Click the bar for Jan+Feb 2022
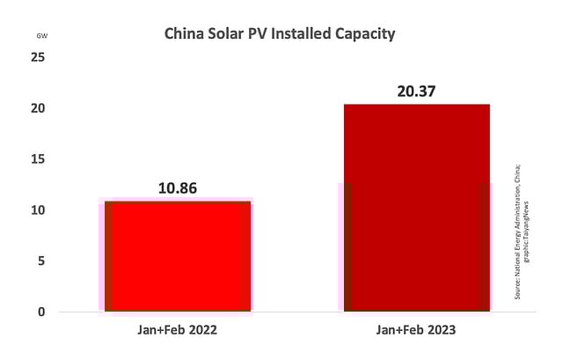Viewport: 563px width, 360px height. (x=177, y=256)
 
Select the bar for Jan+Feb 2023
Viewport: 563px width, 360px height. (x=416, y=208)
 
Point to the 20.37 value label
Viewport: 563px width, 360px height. (x=417, y=91)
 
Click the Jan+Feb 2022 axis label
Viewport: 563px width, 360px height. (x=177, y=331)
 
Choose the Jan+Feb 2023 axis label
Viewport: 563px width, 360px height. (x=416, y=331)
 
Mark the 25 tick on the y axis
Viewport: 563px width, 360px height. (x=39, y=57)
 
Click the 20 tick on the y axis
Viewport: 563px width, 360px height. (x=39, y=108)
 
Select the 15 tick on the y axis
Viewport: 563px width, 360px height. (x=39, y=159)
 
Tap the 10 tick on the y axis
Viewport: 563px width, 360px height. (x=39, y=210)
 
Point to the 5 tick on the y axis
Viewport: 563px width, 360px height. (x=41, y=261)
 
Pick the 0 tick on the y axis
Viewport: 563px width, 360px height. (x=41, y=312)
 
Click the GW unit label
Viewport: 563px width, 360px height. (x=42, y=36)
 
